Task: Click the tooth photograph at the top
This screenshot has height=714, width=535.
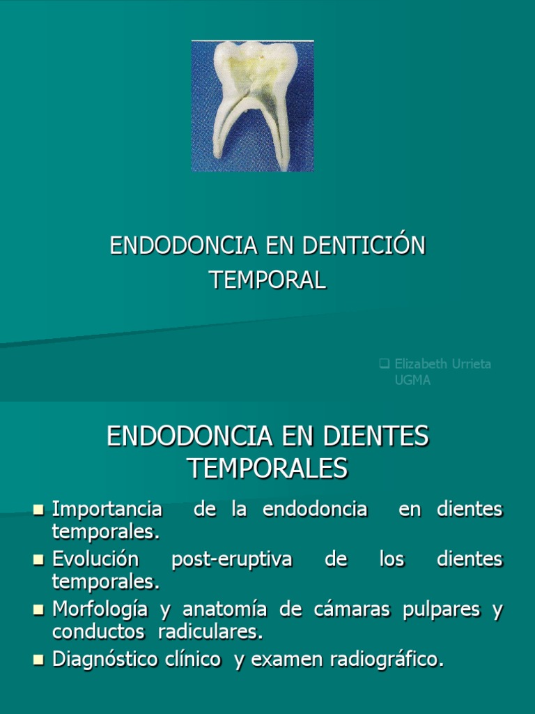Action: pos(252,106)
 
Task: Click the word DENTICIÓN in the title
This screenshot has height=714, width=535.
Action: pos(364,245)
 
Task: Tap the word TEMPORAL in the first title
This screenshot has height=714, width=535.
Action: pos(267,280)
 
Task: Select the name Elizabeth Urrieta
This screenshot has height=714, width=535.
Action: pos(442,364)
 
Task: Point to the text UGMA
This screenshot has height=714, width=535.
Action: pos(412,380)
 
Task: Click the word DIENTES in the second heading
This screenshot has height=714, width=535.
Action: pos(375,436)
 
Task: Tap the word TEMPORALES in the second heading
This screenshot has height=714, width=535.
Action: pos(267,469)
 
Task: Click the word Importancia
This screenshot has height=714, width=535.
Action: pos(107,509)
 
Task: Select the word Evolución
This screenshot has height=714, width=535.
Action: pos(95,559)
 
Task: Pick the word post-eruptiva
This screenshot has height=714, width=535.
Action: pos(231,560)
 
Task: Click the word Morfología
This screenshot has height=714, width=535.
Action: pos(100,609)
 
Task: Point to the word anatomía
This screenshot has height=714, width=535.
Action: pos(225,609)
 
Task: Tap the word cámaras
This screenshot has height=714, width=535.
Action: pos(352,609)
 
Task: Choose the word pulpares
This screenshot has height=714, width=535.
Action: pos(441,610)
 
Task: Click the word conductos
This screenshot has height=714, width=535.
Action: pos(98,632)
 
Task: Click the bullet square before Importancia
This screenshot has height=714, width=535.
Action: pos(38,509)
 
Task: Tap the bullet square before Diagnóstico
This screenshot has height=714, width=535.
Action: pos(38,660)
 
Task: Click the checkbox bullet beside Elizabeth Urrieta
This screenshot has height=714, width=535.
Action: pos(385,363)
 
